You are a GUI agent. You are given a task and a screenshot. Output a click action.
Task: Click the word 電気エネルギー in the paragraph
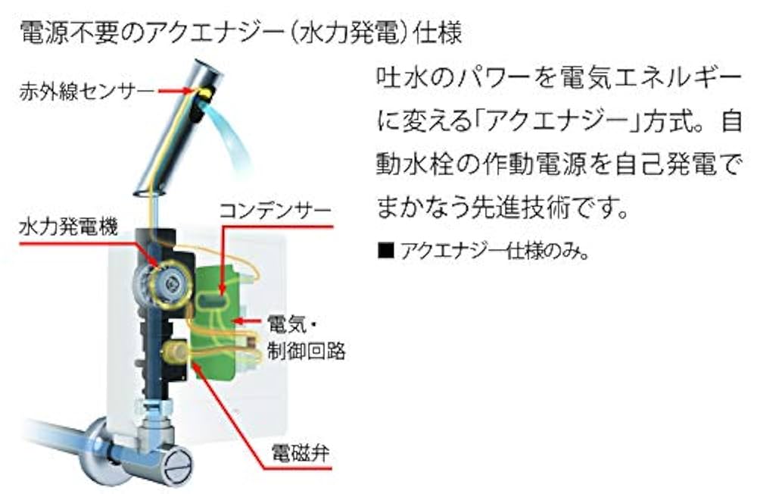pos(640,79)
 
